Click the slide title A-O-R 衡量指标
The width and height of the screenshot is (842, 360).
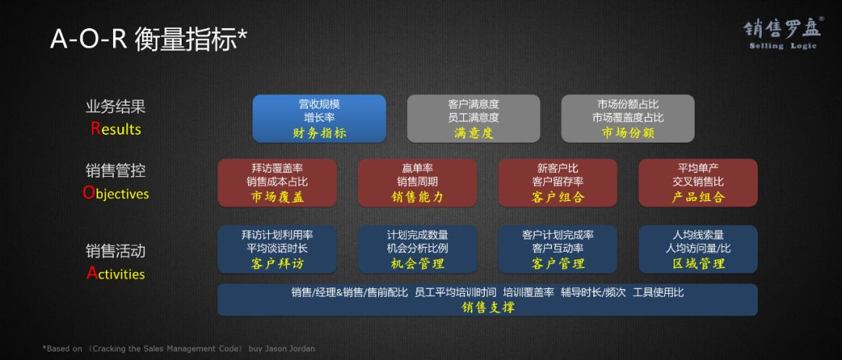coord(149,39)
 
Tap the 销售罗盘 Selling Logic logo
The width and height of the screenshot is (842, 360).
coord(783,34)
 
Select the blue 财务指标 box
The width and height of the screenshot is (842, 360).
coord(319,118)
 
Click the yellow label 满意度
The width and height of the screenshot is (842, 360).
coord(473,132)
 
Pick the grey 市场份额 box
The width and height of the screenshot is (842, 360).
coord(628,118)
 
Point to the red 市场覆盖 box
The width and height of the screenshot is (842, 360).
coord(277,182)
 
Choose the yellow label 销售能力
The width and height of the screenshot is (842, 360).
coord(417,197)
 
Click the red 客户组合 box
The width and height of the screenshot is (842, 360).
coord(558,182)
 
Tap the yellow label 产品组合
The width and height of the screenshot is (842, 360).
coord(698,197)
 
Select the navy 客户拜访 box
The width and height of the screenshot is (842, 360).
coord(277,249)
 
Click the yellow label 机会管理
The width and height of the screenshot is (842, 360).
coord(417,263)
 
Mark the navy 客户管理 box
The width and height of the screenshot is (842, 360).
coord(558,249)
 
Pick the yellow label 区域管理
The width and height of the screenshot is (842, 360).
coord(698,263)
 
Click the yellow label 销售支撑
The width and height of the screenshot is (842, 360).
coord(487,307)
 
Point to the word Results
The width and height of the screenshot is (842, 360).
coord(116,129)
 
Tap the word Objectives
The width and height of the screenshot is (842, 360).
coord(116,193)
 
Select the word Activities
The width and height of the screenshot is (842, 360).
coord(116,274)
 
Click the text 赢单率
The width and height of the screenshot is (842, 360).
coord(417,168)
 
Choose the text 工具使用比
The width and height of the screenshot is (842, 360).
coord(658,292)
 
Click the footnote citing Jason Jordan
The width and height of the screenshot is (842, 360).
coord(179,348)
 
